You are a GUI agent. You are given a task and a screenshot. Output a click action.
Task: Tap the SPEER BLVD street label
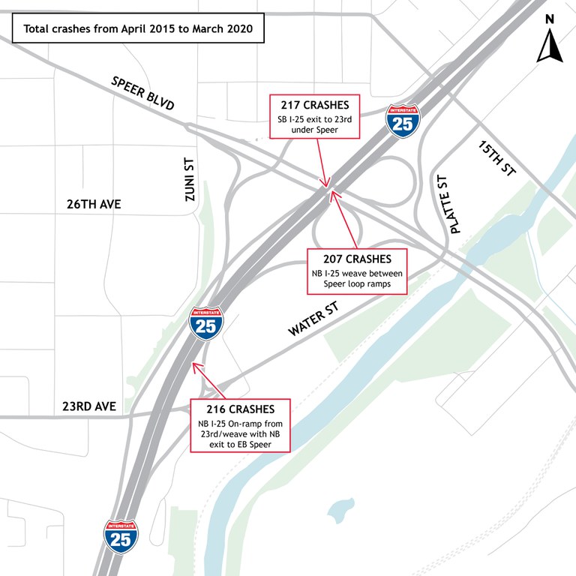tap(142, 93)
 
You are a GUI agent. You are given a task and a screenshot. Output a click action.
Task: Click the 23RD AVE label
tap(89, 406)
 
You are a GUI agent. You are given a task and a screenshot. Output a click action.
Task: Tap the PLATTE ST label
tap(445, 203)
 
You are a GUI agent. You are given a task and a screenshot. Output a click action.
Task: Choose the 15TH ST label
tap(497, 159)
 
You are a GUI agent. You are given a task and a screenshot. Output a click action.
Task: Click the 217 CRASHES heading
tap(315, 106)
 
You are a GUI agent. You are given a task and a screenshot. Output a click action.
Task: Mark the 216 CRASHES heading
tap(241, 409)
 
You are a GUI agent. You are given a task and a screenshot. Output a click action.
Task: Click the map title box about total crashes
tap(137, 30)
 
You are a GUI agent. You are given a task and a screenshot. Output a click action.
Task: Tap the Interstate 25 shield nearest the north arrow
tap(403, 121)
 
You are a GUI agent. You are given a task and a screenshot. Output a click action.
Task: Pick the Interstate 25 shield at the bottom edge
tap(121, 536)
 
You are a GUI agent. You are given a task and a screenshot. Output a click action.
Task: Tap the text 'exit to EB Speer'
tap(241, 446)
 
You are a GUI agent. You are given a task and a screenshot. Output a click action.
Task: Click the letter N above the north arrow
tap(550, 19)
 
